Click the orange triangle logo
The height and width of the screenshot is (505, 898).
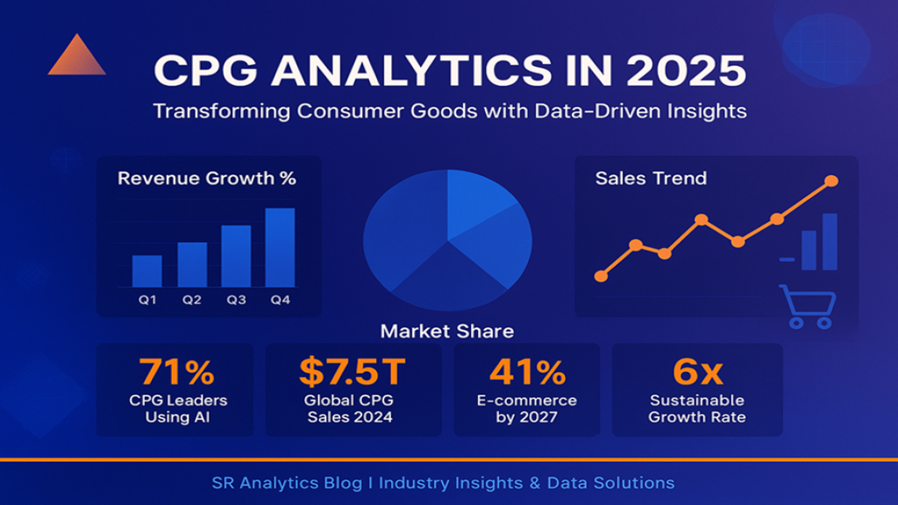76,58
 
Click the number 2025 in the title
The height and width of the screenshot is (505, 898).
693,70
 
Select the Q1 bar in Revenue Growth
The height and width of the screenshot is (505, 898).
146,271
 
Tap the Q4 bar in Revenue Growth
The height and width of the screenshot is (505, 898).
280,247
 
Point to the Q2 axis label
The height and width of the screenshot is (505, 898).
192,300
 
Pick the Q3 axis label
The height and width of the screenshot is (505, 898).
236,300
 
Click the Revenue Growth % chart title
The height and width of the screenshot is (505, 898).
207,179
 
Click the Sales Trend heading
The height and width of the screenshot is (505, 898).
651,179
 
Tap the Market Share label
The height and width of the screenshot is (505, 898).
447,331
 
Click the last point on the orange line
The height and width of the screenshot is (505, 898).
831,181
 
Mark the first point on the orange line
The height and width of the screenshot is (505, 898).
601,276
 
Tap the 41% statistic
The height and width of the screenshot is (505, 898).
526,373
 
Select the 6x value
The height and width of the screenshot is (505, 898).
697,373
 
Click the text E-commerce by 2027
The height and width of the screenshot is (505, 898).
526,409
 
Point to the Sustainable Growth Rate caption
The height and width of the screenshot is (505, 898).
697,409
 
